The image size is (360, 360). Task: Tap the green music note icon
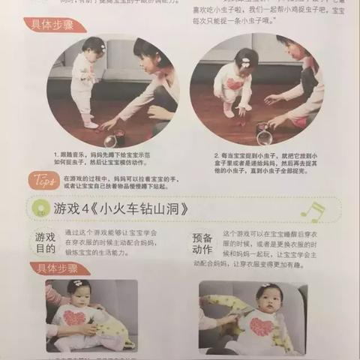(x=310, y=212)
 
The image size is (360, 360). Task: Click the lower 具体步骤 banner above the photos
(x=60, y=269)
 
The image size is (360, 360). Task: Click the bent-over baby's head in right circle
(x=246, y=59)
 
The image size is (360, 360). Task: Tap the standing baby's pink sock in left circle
(x=90, y=124)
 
